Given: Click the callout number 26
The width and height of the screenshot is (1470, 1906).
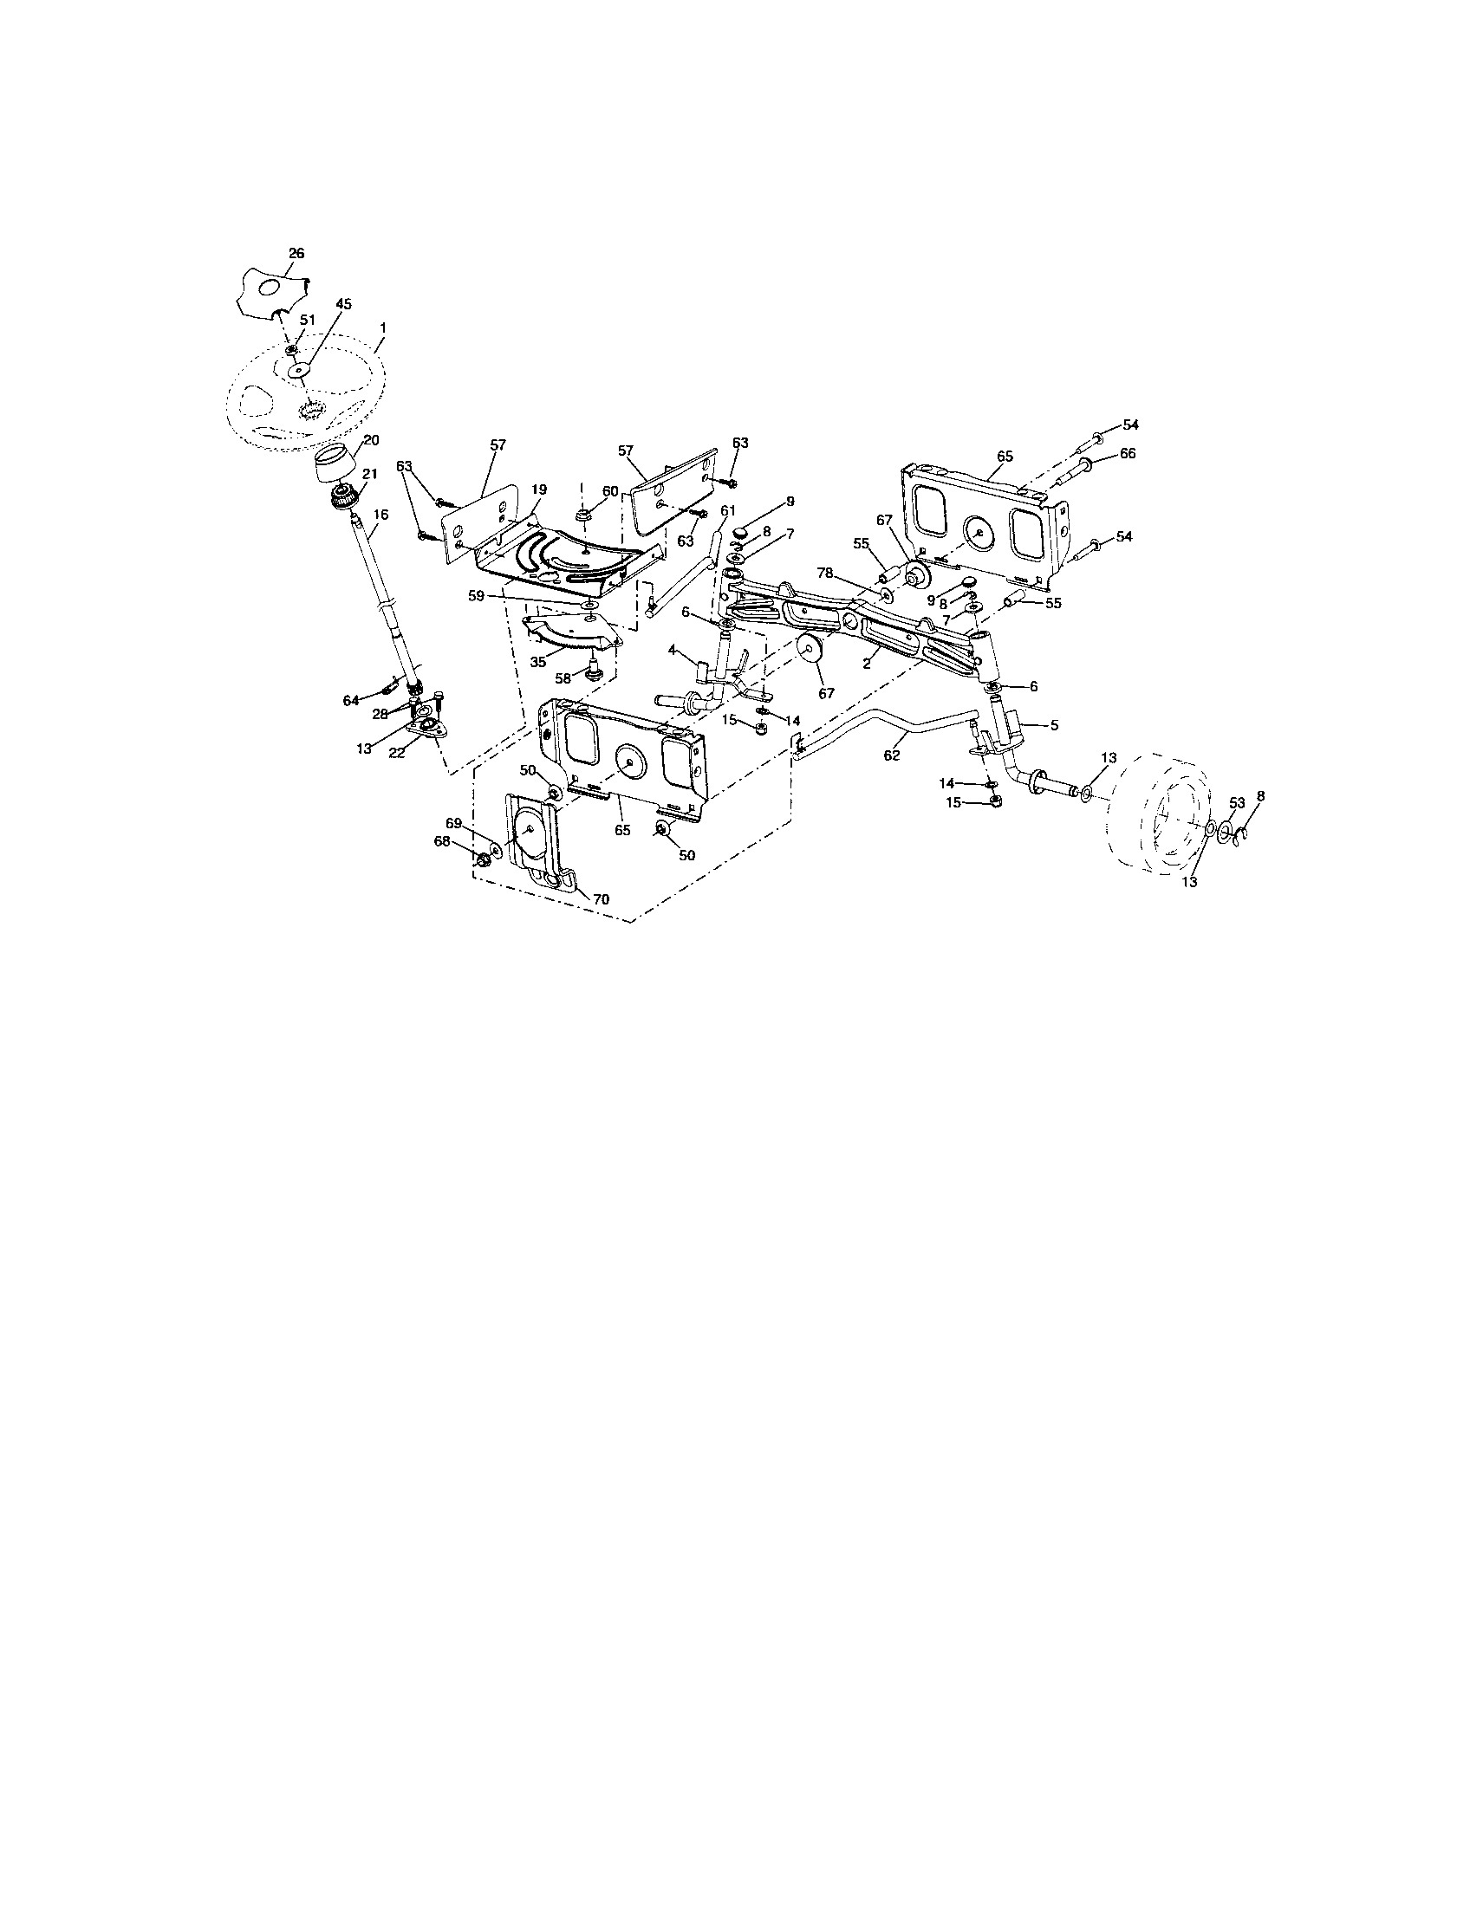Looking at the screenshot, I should pos(296,253).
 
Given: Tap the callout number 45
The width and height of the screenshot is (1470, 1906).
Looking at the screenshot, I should pos(343,304).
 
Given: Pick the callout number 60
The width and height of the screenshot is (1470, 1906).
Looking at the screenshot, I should pos(610,490).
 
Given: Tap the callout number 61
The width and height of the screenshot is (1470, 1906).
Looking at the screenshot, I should pos(729,509).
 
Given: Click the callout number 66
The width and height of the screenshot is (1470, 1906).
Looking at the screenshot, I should pos(1128,454).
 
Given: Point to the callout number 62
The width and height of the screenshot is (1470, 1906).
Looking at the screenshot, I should pos(891,756).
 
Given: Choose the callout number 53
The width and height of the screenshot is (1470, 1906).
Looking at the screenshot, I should pos(1237,802).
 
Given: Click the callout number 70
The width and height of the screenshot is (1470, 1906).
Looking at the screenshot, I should pos(602,898).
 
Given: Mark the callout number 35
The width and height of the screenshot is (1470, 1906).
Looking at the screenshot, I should pos(537,662).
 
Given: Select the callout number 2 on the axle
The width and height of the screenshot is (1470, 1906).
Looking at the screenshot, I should pos(866,665).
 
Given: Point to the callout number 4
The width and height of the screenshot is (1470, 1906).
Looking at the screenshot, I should pos(672,649).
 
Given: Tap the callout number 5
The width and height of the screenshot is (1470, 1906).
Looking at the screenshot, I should pos(1054,724).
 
